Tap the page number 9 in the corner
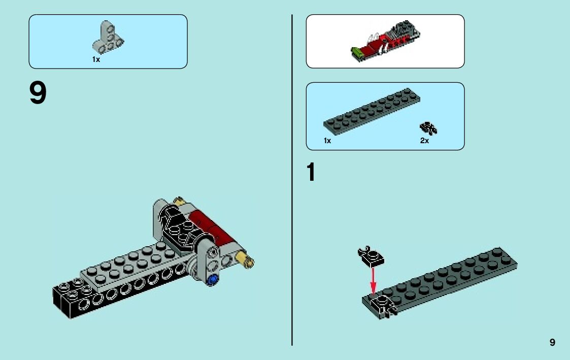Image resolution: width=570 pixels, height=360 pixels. tap(552, 342)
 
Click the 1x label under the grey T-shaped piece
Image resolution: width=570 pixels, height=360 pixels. tap(96, 59)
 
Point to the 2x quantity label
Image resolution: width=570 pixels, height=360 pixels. tap(424, 141)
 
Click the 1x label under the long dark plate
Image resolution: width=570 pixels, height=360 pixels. tap(327, 141)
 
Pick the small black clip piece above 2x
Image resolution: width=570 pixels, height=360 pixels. tap(428, 128)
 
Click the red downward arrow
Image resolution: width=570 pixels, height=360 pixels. tap(373, 279)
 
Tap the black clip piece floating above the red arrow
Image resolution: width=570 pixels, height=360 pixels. tap(371, 256)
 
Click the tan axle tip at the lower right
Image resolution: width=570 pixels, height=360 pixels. tap(249, 261)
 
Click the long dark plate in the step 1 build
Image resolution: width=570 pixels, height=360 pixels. tap(447, 279)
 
